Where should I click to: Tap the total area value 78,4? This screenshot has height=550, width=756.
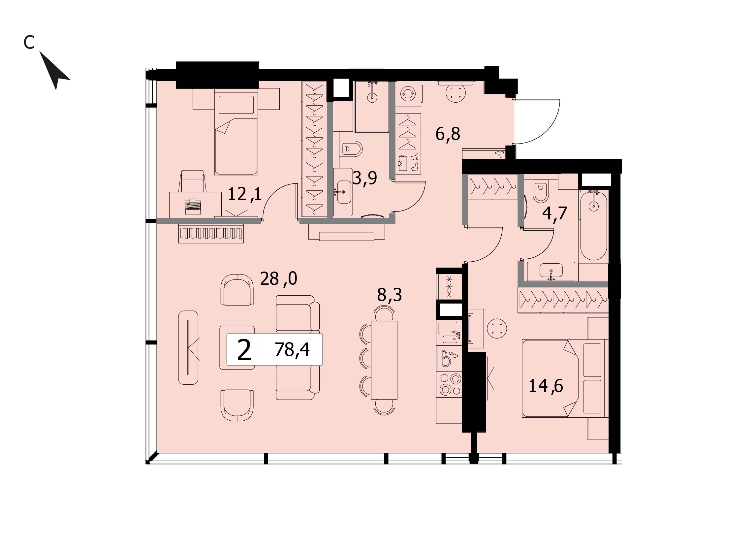pos(292,350)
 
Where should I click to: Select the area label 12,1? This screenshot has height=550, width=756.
pos(245,194)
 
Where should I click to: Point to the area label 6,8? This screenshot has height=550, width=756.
pos(448,134)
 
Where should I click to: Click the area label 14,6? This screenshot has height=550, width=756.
pos(546,386)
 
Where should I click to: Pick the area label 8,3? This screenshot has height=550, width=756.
pos(389,295)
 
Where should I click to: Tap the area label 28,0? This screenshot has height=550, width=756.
pos(278,278)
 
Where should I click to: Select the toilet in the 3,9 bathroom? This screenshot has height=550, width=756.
pos(351,149)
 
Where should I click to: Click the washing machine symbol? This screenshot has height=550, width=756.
pos(408,94)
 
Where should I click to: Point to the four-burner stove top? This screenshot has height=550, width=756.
pos(450,385)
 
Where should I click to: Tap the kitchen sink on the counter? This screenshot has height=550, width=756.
pos(448,332)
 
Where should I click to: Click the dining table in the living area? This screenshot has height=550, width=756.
pos(384,360)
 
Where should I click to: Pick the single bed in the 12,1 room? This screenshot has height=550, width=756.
pos(236,131)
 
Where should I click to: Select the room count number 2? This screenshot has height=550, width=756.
pos(244,350)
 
